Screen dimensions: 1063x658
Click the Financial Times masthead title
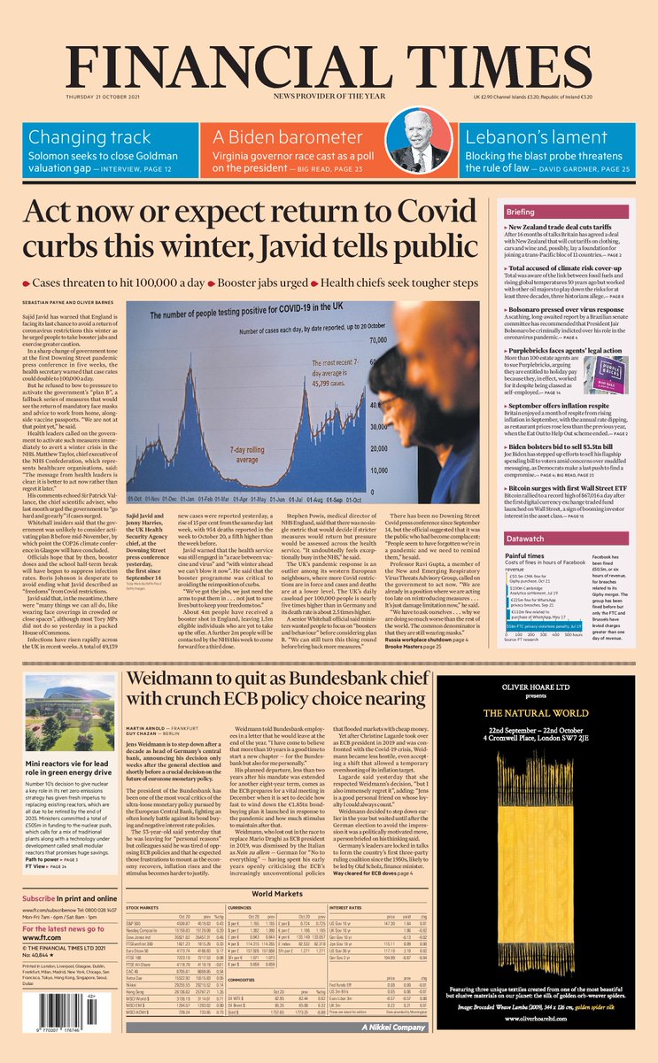pyautogui.click(x=329, y=65)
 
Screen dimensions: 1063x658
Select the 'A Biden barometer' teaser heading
pyautogui.click(x=280, y=137)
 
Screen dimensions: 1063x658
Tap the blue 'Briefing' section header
pyautogui.click(x=546, y=213)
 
